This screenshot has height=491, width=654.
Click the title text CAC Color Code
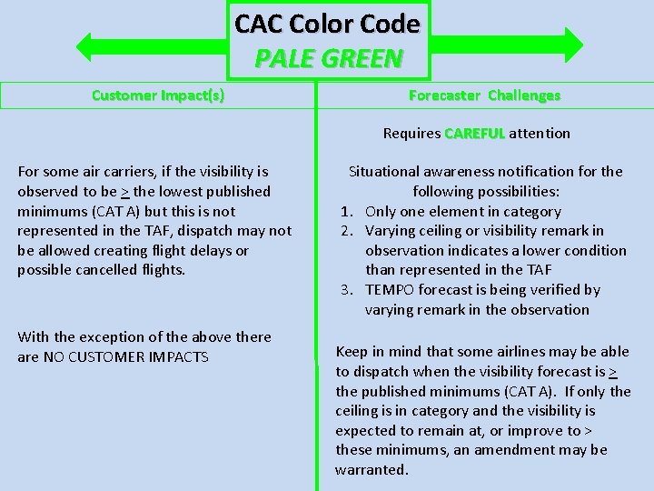tap(327, 24)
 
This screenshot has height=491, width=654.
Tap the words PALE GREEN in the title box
tap(328, 58)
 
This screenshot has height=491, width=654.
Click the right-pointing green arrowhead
tap(573, 45)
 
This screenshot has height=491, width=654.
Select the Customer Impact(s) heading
tap(158, 95)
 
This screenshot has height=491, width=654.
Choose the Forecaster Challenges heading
tap(484, 95)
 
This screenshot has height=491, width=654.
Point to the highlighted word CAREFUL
tap(474, 134)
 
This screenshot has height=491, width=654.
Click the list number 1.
tap(345, 211)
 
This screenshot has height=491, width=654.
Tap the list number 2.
tap(345, 231)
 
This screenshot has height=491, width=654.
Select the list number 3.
tap(345, 290)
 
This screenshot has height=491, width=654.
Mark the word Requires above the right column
tap(411, 134)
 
